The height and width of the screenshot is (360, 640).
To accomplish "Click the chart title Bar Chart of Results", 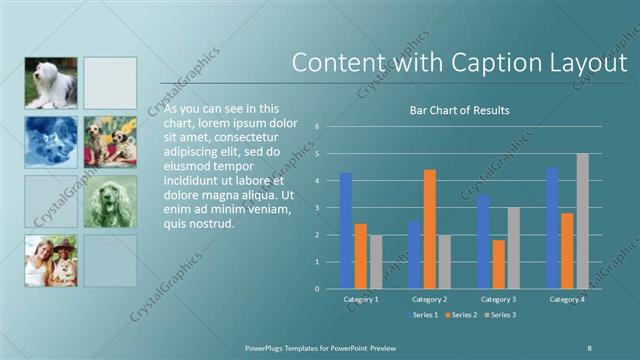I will (x=460, y=110).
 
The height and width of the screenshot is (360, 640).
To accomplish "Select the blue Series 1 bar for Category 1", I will (x=346, y=230).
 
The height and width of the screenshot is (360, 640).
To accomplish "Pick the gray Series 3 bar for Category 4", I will (x=582, y=221).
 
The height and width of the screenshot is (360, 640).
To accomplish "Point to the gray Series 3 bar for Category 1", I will (x=376, y=262).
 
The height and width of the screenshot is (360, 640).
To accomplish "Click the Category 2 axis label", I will (x=430, y=299).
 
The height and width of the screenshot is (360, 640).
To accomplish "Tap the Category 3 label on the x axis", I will (x=498, y=299).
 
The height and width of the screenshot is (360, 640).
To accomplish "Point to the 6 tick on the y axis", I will (x=316, y=127).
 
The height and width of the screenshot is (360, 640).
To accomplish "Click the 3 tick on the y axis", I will (x=316, y=208).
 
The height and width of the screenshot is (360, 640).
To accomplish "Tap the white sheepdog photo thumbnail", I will (x=50, y=83).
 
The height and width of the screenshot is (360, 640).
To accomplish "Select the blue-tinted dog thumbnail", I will (x=50, y=142).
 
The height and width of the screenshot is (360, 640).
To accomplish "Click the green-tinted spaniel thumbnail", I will (x=110, y=201).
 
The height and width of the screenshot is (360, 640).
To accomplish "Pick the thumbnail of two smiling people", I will (x=50, y=260).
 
